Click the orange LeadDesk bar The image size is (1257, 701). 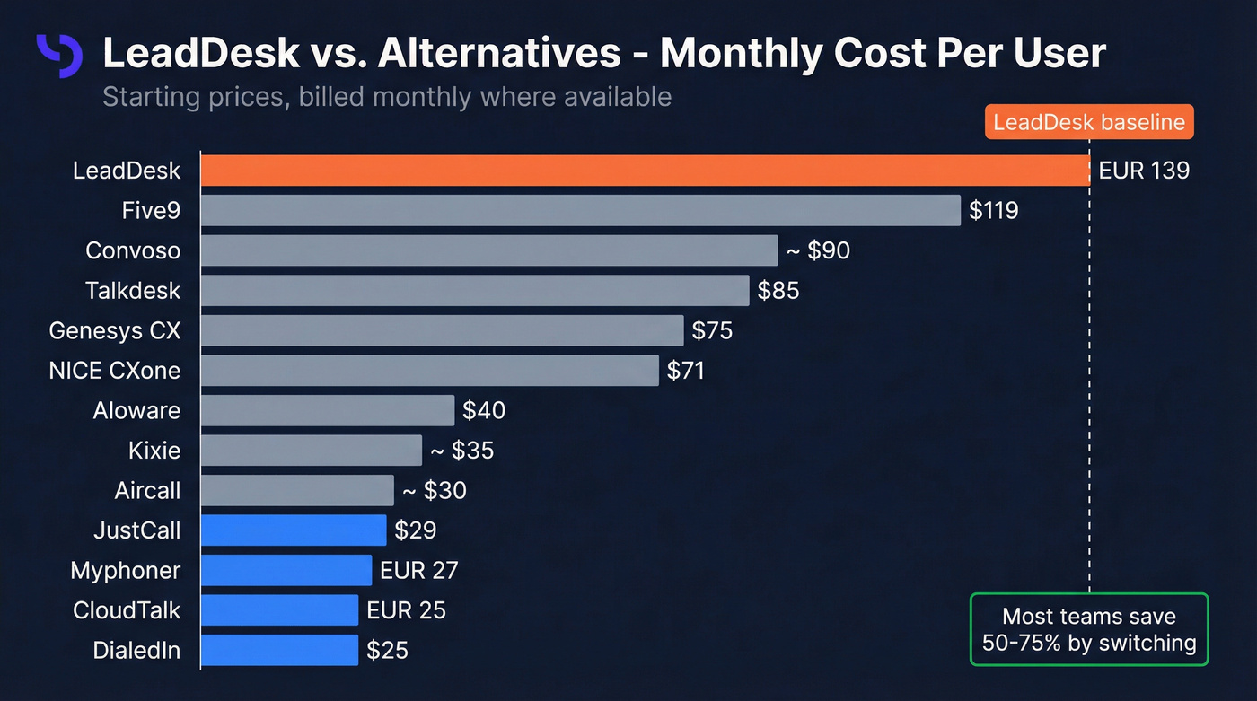click(x=645, y=171)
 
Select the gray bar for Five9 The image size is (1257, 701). click(x=580, y=210)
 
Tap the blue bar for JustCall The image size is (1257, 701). click(x=293, y=530)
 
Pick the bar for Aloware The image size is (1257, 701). click(x=327, y=410)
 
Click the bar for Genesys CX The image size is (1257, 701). click(x=442, y=330)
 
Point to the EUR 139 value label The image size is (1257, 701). click(x=1143, y=171)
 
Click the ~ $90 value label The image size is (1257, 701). click(x=817, y=250)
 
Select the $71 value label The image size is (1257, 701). click(x=685, y=371)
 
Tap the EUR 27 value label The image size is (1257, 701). click(x=418, y=570)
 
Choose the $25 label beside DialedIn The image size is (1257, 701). click(x=387, y=650)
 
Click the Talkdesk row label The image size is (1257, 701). click(x=133, y=291)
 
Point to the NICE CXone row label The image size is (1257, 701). click(x=114, y=371)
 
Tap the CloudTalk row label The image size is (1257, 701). click(x=127, y=610)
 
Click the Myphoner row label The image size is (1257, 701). click(x=125, y=570)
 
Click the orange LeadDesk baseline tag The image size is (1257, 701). click(x=1088, y=122)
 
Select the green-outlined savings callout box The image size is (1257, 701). click(x=1088, y=629)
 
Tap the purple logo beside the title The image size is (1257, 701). click(x=59, y=56)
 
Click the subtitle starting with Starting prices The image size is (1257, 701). click(x=386, y=96)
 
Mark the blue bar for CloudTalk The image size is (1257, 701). click(x=279, y=610)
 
